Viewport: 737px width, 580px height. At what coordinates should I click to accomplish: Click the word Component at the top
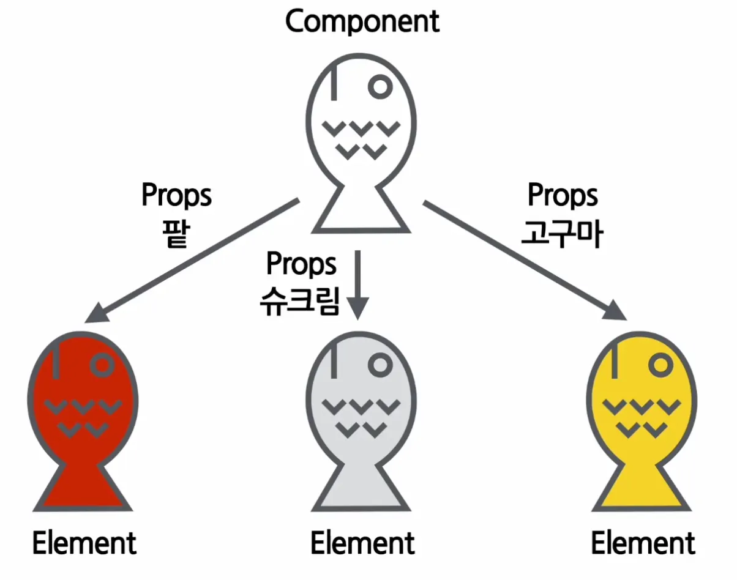[362, 21]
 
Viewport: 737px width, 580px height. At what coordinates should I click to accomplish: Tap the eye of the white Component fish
[381, 86]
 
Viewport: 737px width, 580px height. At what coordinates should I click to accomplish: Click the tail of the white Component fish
[361, 211]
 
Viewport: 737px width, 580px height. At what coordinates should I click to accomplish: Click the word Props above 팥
[176, 196]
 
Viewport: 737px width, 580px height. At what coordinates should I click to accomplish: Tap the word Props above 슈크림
[301, 264]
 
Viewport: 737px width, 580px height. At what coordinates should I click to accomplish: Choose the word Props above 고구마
[563, 196]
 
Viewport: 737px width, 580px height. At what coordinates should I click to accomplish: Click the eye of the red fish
[102, 365]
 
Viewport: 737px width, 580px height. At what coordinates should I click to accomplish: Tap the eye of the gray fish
[381, 365]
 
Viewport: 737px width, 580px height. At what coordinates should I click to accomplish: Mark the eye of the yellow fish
[660, 365]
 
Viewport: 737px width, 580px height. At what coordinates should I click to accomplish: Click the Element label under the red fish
[84, 543]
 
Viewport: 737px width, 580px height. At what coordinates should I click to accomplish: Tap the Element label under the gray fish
[362, 543]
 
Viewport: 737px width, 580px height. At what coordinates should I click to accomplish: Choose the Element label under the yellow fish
[643, 543]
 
